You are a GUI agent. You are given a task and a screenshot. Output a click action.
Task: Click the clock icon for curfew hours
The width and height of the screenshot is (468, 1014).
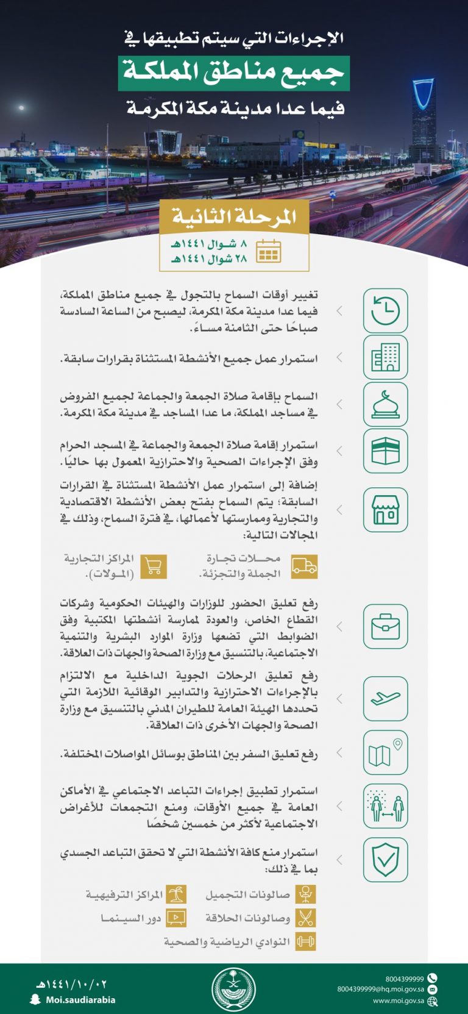(385, 311)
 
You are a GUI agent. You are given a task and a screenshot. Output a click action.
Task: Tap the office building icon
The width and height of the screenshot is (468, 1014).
(385, 357)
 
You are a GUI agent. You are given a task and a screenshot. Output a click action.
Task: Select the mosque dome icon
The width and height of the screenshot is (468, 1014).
(385, 404)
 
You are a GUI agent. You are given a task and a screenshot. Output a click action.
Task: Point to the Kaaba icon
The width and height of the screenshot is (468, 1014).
(385, 451)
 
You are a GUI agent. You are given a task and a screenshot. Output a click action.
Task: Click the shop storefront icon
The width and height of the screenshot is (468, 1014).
(385, 510)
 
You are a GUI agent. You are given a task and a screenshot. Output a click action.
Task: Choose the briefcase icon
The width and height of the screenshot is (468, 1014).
(385, 626)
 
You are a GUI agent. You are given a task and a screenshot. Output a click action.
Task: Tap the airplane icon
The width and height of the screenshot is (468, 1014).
(385, 698)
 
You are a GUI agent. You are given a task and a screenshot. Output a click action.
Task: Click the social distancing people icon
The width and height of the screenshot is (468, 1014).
(385, 806)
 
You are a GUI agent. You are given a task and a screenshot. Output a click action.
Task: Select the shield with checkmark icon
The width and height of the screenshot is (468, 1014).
(385, 859)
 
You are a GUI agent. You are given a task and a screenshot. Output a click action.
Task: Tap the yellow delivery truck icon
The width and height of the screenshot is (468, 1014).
(304, 566)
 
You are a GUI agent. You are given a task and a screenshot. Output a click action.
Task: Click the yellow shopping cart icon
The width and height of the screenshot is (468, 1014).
(154, 566)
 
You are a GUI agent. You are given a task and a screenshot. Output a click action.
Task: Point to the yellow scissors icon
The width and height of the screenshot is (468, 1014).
(305, 918)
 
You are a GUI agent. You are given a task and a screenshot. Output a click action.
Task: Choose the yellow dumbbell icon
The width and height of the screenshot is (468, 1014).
(305, 941)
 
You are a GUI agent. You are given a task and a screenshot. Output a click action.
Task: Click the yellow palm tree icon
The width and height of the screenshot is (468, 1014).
(176, 895)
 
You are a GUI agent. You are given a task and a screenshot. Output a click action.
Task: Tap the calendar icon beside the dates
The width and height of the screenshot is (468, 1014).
(268, 251)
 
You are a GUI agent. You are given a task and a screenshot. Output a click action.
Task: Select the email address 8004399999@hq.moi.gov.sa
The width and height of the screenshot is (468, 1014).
(381, 989)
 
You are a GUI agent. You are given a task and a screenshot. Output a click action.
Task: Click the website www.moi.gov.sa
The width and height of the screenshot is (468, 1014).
(399, 1001)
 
